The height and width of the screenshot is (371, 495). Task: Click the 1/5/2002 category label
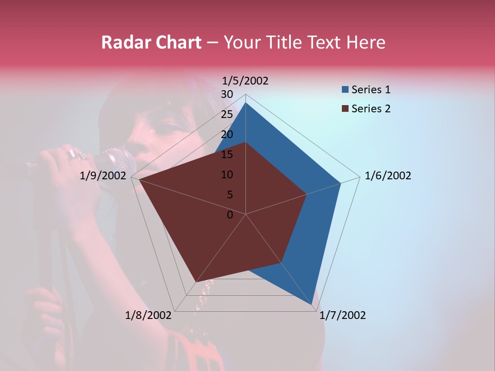(x=245, y=81)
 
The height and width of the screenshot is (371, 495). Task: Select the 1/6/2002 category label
(x=388, y=176)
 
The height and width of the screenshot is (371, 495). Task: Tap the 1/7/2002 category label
(x=342, y=315)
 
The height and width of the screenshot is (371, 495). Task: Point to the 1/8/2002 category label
(x=148, y=315)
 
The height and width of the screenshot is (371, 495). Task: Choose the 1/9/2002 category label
(x=103, y=176)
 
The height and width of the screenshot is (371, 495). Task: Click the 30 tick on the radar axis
(x=227, y=94)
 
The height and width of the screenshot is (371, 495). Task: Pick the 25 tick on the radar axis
(x=227, y=114)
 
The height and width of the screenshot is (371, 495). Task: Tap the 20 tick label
(x=227, y=134)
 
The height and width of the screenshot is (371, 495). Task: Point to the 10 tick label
(x=227, y=175)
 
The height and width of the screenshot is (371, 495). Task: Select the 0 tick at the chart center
(x=230, y=215)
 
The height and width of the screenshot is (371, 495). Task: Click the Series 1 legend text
(x=371, y=90)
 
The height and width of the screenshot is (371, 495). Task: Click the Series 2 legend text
(x=371, y=109)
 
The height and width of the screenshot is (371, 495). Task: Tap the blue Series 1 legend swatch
(x=345, y=90)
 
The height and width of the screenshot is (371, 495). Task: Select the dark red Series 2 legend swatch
(x=345, y=109)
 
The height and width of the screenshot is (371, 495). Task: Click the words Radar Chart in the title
(x=151, y=42)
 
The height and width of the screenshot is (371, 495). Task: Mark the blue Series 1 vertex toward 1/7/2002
(x=312, y=305)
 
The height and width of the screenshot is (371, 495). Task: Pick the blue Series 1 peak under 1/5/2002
(x=246, y=103)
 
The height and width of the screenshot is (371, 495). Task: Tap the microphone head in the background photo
(x=120, y=161)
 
